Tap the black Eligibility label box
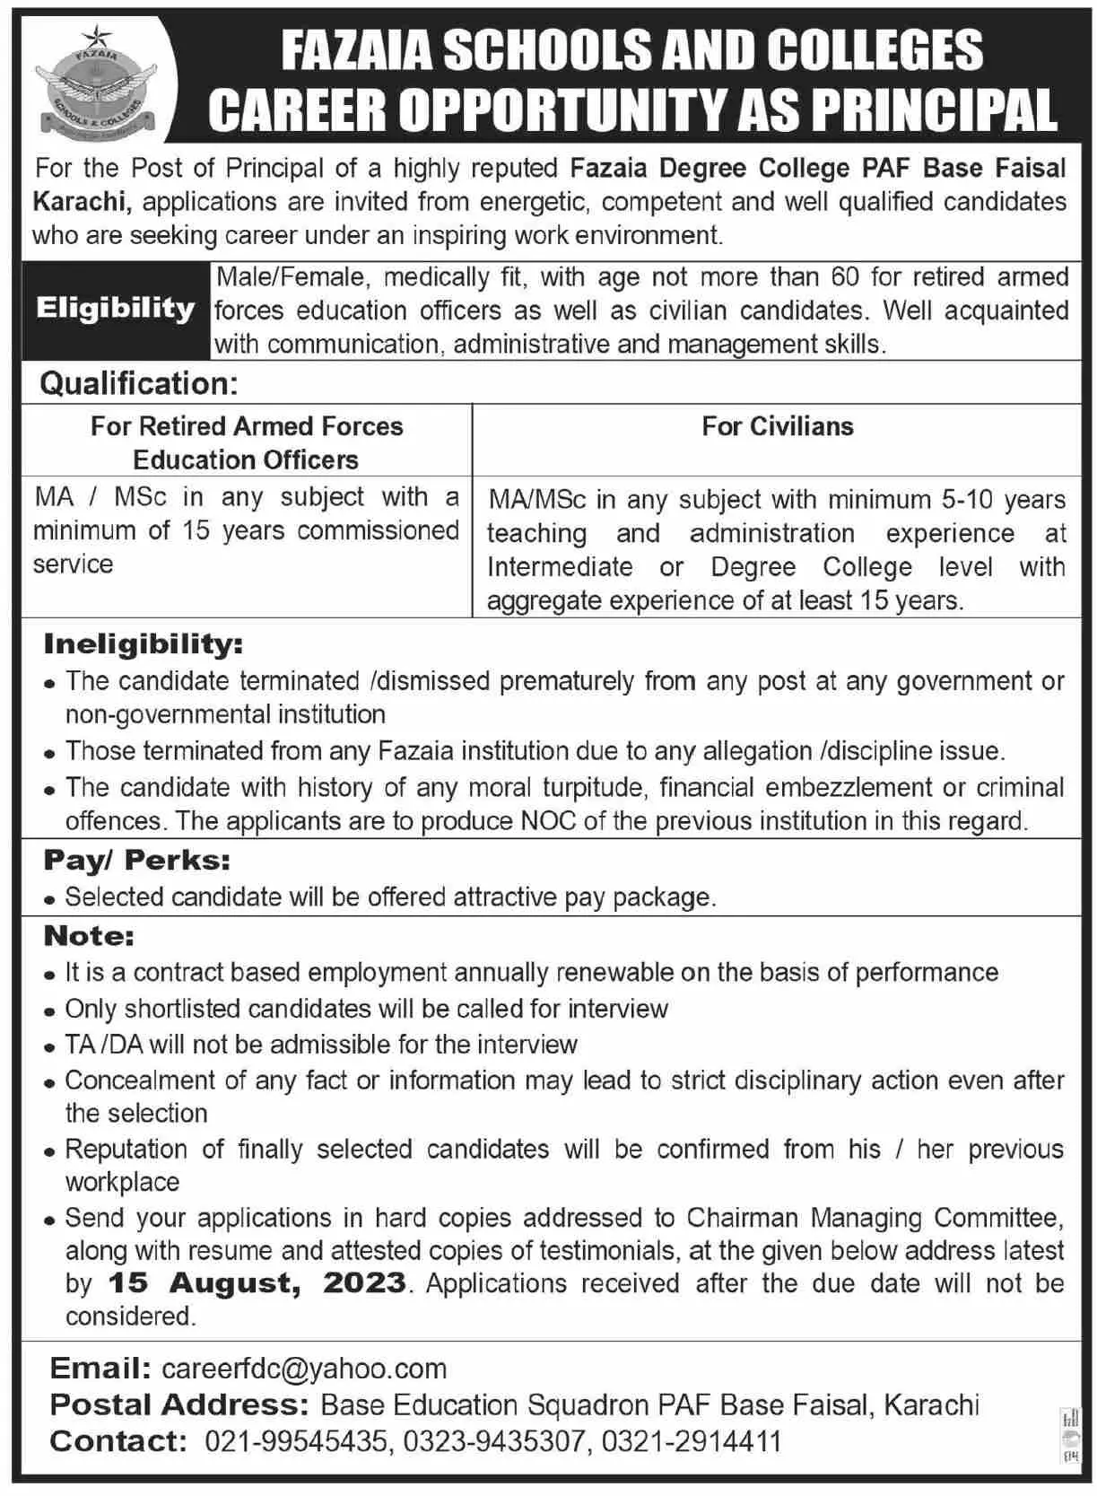coord(115,310)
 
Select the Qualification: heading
coord(139,384)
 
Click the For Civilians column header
coord(777,426)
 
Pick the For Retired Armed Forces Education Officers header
coord(247,442)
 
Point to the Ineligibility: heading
coord(144,643)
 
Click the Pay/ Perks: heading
coord(136,860)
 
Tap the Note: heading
coord(89,936)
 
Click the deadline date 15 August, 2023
coord(257,1282)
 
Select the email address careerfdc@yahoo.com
coord(304,1369)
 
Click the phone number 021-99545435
coord(297,1441)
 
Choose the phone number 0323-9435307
coord(495,1441)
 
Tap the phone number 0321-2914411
coord(692,1441)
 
